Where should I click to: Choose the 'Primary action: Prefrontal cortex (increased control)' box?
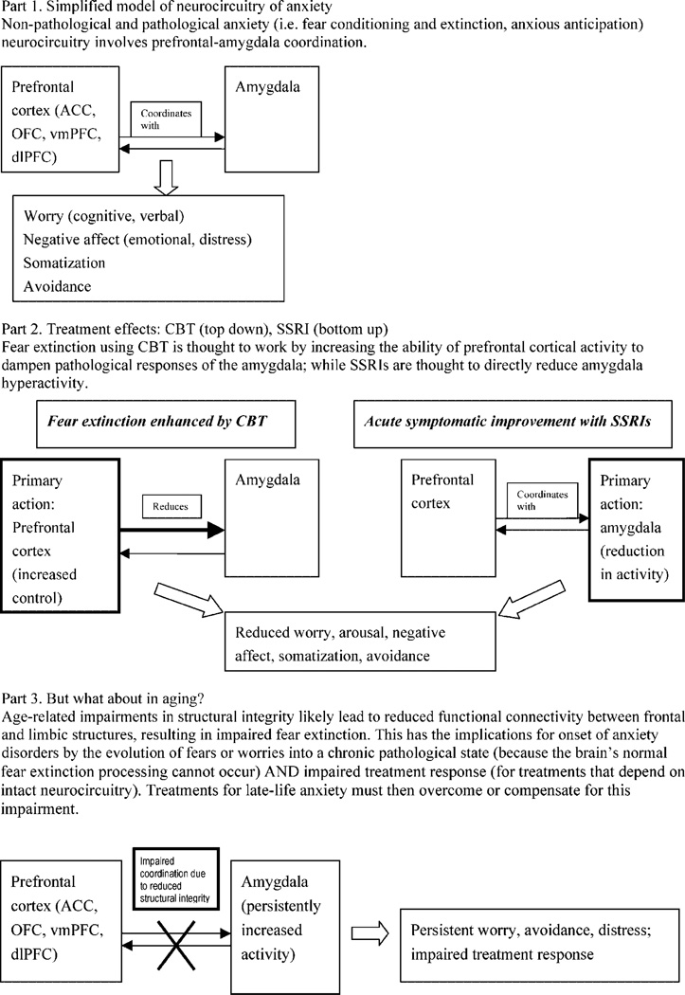[x=59, y=541]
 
